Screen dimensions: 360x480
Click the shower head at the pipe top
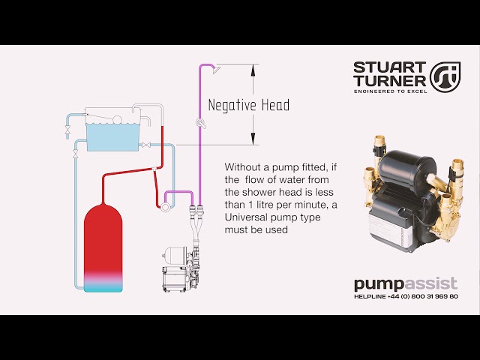pyautogui.click(x=214, y=70)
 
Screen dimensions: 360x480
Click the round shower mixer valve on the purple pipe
pyautogui.click(x=200, y=122)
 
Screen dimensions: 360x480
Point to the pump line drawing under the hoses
pyautogui.click(x=179, y=268)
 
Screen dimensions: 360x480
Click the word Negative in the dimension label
pyautogui.click(x=234, y=105)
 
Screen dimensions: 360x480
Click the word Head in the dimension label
pyautogui.click(x=275, y=105)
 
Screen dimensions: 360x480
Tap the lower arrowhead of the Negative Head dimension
pyautogui.click(x=253, y=139)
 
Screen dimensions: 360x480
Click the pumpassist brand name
pyautogui.click(x=405, y=284)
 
